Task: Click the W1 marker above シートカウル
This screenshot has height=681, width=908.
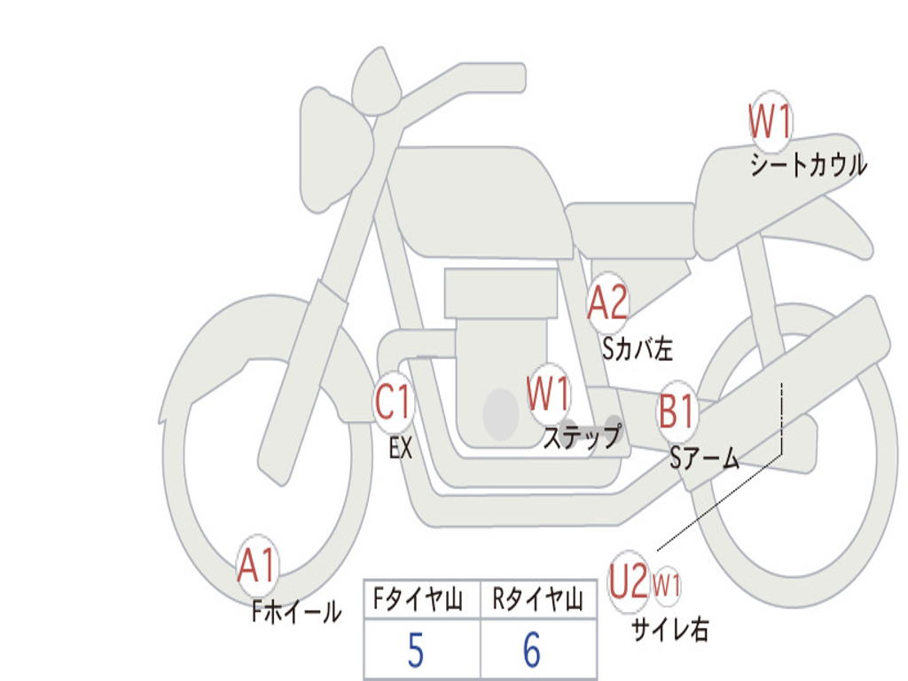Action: click(771, 121)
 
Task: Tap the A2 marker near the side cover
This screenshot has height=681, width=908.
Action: click(607, 302)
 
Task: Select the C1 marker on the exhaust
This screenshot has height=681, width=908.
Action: click(393, 402)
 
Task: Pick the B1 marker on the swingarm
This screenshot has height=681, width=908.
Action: click(677, 411)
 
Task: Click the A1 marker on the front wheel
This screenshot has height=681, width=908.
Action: click(256, 565)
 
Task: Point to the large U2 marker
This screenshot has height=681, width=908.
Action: click(629, 582)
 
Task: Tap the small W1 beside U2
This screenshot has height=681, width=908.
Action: click(667, 584)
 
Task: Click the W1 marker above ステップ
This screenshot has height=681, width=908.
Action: click(548, 394)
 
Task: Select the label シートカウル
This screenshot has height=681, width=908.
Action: click(809, 165)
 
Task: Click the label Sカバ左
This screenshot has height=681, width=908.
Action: click(638, 348)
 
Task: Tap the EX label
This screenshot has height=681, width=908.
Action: click(401, 448)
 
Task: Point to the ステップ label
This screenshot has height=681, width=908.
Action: click(582, 436)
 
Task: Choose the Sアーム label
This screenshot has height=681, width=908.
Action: click(705, 458)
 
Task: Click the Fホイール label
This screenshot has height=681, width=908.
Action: click(296, 612)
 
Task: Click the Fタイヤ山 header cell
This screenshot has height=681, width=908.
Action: click(422, 599)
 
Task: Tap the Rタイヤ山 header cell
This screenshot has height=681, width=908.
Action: click(538, 599)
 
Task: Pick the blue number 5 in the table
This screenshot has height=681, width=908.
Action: click(416, 650)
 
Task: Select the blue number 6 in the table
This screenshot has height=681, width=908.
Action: click(532, 650)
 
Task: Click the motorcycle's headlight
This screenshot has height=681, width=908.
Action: click(334, 149)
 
